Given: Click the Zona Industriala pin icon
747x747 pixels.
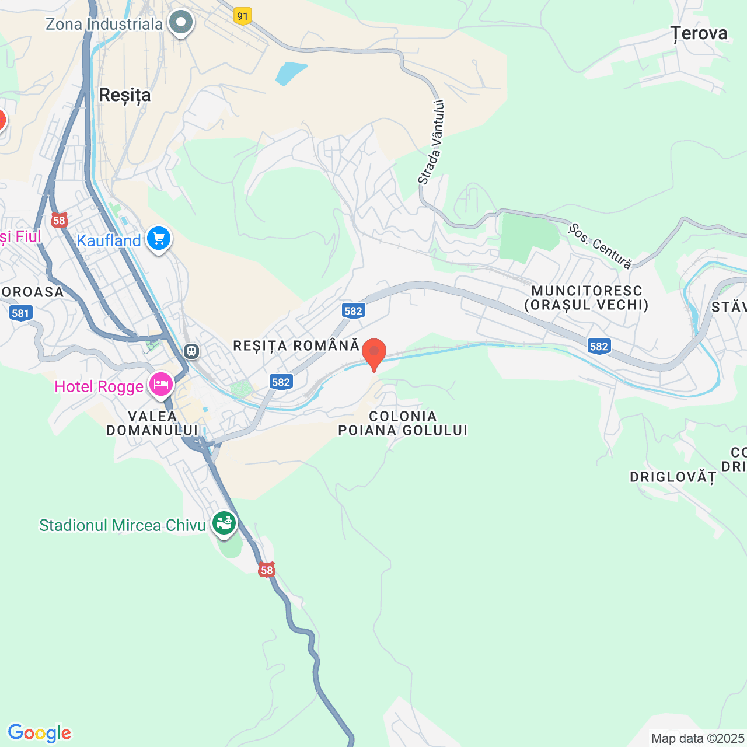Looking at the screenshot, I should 181,23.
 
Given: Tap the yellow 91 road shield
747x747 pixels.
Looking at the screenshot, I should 243,16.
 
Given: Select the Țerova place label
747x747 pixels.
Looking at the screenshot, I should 699,34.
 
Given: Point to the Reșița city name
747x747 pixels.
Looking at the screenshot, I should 125,95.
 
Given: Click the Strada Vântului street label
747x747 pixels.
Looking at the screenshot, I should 432,142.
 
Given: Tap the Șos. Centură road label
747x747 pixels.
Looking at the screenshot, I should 601,246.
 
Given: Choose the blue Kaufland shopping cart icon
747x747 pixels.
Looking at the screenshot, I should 158,239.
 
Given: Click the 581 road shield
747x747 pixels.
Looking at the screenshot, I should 20,313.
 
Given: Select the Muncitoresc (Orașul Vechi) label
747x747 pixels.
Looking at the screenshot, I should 587,298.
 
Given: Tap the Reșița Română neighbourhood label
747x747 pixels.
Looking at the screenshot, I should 296,345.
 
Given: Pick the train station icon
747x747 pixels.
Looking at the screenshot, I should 191,351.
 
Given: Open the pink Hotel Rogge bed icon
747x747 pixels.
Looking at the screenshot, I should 160,385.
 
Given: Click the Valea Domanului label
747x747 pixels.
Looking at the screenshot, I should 152,423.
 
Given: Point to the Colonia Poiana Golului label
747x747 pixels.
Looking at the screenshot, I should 403,423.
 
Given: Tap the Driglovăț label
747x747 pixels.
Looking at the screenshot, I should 672,477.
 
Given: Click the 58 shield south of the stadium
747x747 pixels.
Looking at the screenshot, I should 267,570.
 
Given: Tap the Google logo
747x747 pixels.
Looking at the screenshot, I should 40,733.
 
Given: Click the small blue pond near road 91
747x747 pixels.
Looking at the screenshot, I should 291,73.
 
